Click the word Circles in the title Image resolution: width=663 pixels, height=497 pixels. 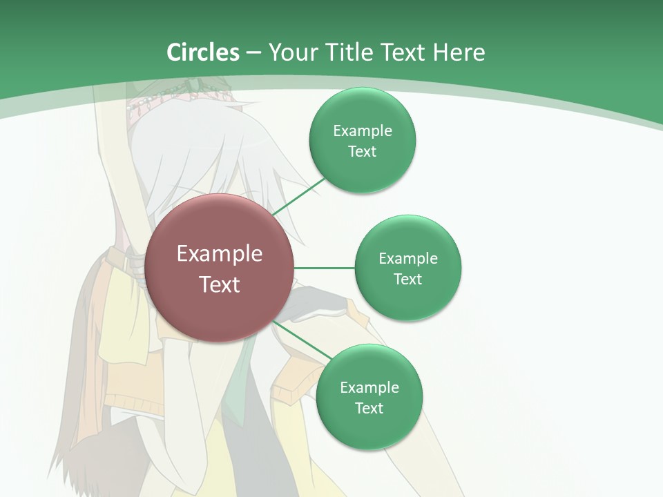[203, 52]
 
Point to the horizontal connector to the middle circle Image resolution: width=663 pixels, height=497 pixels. [325, 268]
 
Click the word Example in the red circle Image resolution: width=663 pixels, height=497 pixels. [220, 254]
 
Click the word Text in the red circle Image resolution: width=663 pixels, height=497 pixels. [220, 284]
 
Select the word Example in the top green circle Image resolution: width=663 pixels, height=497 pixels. [362, 131]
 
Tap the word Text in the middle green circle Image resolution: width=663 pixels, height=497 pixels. [407, 280]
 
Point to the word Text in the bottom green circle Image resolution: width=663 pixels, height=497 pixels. [369, 409]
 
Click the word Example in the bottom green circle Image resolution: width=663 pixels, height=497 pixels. [369, 388]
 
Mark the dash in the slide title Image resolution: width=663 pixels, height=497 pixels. [253, 53]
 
